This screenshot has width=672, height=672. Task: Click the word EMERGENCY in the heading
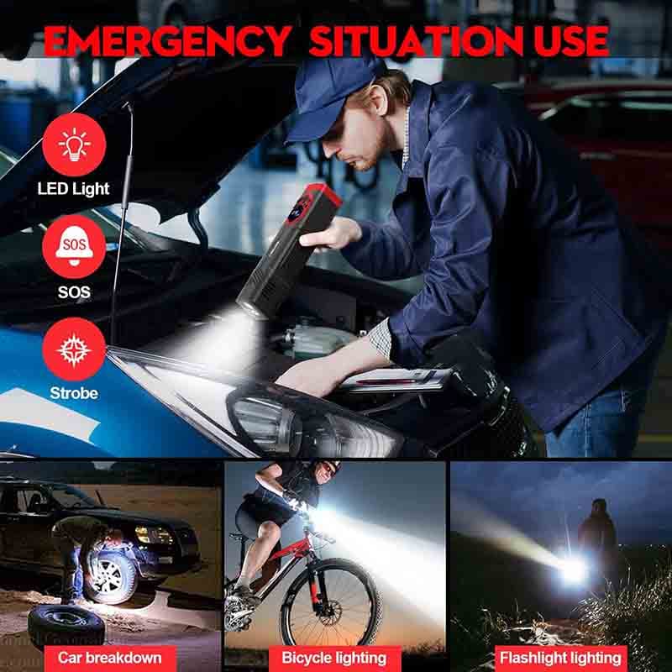[166, 40]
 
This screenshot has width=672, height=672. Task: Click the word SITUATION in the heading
[417, 41]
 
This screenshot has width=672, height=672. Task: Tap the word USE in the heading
[571, 41]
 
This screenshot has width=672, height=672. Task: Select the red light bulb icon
[74, 144]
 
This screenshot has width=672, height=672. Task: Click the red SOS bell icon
[74, 247]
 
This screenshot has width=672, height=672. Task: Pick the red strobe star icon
[74, 349]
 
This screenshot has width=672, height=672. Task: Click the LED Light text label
[73, 189]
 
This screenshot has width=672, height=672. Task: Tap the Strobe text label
[74, 393]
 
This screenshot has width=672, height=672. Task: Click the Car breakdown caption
[110, 658]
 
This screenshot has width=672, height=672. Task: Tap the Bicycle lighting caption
[333, 658]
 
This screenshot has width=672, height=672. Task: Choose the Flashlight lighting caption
[560, 658]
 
